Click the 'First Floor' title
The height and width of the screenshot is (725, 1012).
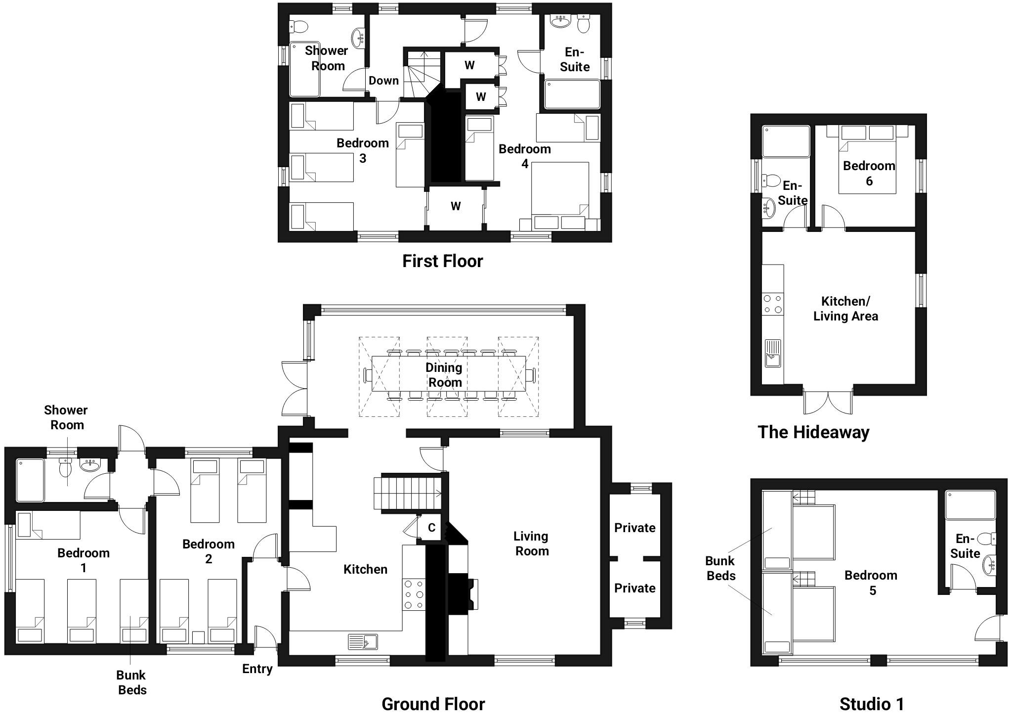click(x=442, y=261)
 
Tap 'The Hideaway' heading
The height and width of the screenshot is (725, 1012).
click(x=813, y=432)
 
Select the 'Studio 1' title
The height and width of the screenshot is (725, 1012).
click(x=872, y=704)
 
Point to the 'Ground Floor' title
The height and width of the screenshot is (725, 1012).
click(x=433, y=704)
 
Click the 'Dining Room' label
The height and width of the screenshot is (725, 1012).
click(x=444, y=375)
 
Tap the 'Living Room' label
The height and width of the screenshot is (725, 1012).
click(x=531, y=544)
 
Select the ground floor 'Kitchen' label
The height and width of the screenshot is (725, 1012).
click(x=365, y=569)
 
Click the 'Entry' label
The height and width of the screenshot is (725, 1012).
click(x=257, y=669)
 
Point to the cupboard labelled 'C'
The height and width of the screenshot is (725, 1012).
click(x=431, y=528)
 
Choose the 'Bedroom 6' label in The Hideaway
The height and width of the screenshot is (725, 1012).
click(x=869, y=173)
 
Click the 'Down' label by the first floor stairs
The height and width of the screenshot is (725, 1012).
click(x=383, y=81)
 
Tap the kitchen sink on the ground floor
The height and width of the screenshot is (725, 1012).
click(x=363, y=641)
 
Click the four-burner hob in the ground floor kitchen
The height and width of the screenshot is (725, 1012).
click(x=414, y=594)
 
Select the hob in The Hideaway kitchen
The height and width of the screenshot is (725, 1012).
click(x=772, y=304)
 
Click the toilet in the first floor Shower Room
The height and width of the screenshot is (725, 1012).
click(x=298, y=25)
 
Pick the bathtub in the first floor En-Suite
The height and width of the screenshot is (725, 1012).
click(x=572, y=94)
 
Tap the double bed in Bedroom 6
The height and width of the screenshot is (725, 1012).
click(x=868, y=159)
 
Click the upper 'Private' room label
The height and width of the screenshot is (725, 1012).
click(x=635, y=528)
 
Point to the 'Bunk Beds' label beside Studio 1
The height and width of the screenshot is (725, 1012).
click(x=720, y=568)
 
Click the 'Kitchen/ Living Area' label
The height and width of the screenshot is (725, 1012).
click(x=845, y=309)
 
